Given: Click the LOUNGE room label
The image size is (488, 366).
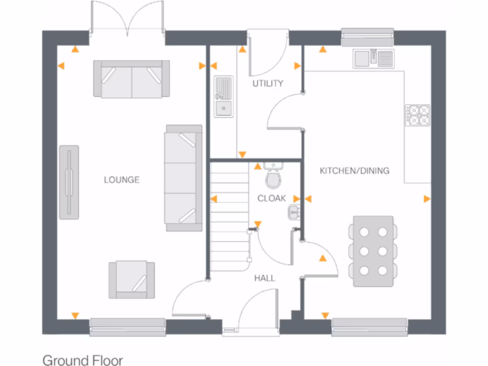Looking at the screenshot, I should (122, 180).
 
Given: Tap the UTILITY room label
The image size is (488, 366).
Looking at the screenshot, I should (268, 83).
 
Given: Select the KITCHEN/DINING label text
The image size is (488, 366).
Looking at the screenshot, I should (354, 170).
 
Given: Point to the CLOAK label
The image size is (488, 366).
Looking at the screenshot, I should (272, 198).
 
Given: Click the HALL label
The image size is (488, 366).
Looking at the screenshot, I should (264, 278).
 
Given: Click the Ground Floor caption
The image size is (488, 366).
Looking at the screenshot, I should (82, 360).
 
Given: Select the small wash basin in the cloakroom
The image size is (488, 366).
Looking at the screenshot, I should (294, 212).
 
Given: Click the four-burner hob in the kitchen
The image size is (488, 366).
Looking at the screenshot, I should (417, 115).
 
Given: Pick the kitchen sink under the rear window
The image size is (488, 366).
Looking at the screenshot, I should (373, 59).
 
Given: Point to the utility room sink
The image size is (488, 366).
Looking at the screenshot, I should (223, 96).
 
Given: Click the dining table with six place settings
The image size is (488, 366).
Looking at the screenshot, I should (373, 251).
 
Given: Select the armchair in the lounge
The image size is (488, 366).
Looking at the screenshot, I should (132, 280).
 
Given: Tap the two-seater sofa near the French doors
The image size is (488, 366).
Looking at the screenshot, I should (132, 79).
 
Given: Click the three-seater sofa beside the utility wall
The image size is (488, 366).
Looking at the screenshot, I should (183, 178).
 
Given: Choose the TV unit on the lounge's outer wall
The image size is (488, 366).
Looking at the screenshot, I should (69, 182).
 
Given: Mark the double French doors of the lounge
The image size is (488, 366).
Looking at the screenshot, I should (127, 19).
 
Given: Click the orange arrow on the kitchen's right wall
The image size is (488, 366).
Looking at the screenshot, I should (427, 199).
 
